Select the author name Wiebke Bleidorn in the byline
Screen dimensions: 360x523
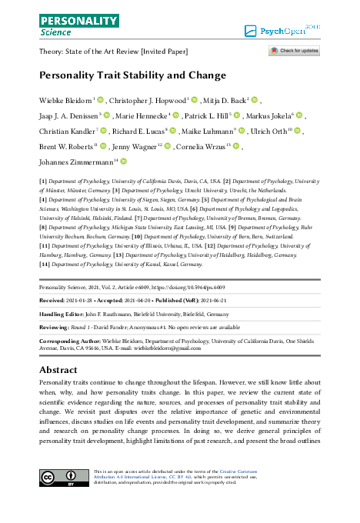tap(65, 101)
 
